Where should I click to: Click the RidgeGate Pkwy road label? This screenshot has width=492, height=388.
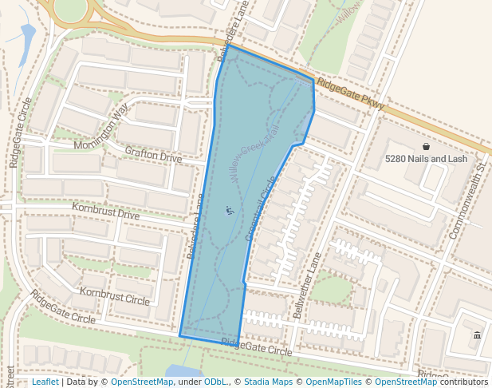pyautogui.click(x=351, y=94)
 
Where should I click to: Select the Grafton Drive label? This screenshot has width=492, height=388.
pyautogui.click(x=153, y=153)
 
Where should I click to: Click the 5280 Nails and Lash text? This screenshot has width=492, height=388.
pyautogui.click(x=426, y=159)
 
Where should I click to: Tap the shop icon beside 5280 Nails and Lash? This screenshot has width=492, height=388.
pyautogui.click(x=426, y=147)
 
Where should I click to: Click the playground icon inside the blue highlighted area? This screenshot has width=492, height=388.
pyautogui.click(x=229, y=211)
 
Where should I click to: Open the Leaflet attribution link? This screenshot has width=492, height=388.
pyautogui.click(x=45, y=382)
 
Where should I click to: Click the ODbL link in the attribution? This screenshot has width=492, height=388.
pyautogui.click(x=216, y=382)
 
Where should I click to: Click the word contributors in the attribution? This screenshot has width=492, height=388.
pyautogui.click(x=463, y=382)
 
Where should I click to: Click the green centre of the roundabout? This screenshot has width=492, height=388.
pyautogui.click(x=70, y=10)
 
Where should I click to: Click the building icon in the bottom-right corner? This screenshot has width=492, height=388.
pyautogui.click(x=477, y=335)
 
